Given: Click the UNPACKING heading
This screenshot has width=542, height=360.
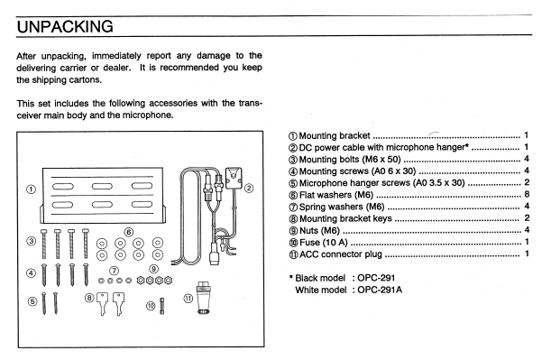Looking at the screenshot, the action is [65, 27].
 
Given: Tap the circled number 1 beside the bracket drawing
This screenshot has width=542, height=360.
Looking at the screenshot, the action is [31, 189].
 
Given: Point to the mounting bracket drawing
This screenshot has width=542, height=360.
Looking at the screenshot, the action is [103, 196].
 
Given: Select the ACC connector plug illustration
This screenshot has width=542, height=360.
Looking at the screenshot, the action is [202, 298].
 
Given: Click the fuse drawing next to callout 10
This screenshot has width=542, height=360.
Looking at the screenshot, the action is [161, 306].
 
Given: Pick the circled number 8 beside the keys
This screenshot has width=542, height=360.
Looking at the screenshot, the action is [89, 298].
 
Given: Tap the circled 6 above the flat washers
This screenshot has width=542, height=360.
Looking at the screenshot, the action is [129, 232].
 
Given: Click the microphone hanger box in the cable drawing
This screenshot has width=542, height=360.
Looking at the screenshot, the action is [234, 178].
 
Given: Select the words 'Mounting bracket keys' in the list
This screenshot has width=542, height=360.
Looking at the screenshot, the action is [345, 218].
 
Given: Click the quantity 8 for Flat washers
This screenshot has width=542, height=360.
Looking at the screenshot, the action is [527, 194].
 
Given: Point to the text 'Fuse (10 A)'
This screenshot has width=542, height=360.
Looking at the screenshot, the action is [323, 243].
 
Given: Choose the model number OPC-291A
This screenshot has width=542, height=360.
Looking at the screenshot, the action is [380, 290].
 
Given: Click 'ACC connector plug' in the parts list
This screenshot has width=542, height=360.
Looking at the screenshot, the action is [341, 254].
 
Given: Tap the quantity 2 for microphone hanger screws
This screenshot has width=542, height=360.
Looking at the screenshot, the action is [527, 182].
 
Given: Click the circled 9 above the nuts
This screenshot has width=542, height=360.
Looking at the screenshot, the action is [154, 269].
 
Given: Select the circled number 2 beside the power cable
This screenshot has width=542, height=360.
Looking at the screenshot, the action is [249, 189].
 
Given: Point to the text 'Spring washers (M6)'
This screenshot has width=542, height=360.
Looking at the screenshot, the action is [342, 207].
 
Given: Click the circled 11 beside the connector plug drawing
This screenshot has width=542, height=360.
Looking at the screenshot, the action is [188, 298].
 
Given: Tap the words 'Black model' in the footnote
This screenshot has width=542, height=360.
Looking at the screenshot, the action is [320, 278].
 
